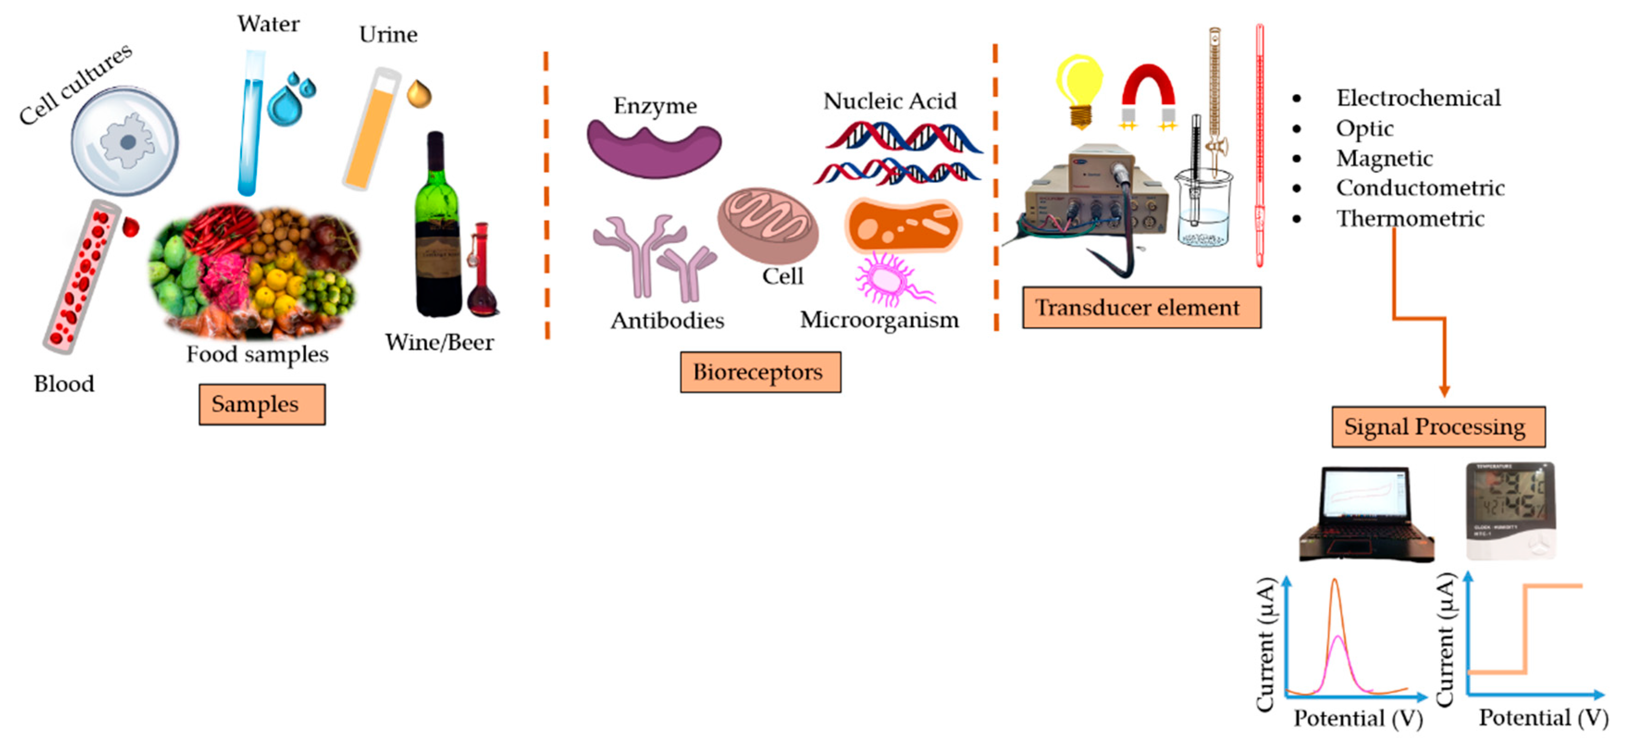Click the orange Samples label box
[x=262, y=404]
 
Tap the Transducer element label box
[x=1141, y=307]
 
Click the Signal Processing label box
[x=1438, y=427]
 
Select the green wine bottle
[x=437, y=227]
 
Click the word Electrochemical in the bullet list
[x=1418, y=98]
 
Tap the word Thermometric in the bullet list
[x=1410, y=218]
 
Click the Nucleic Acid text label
[x=890, y=101]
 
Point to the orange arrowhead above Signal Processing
[x=1444, y=391]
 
